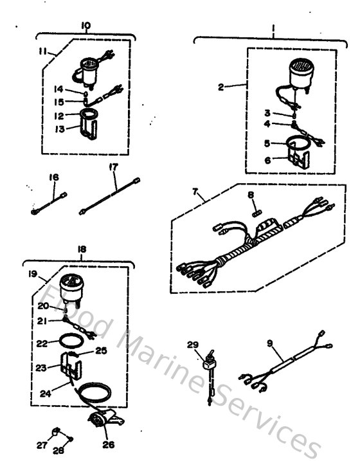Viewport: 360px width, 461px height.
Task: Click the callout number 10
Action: tap(86, 26)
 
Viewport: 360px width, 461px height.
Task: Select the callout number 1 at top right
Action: tap(273, 29)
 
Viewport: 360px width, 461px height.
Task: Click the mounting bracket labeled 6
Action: tap(296, 156)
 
